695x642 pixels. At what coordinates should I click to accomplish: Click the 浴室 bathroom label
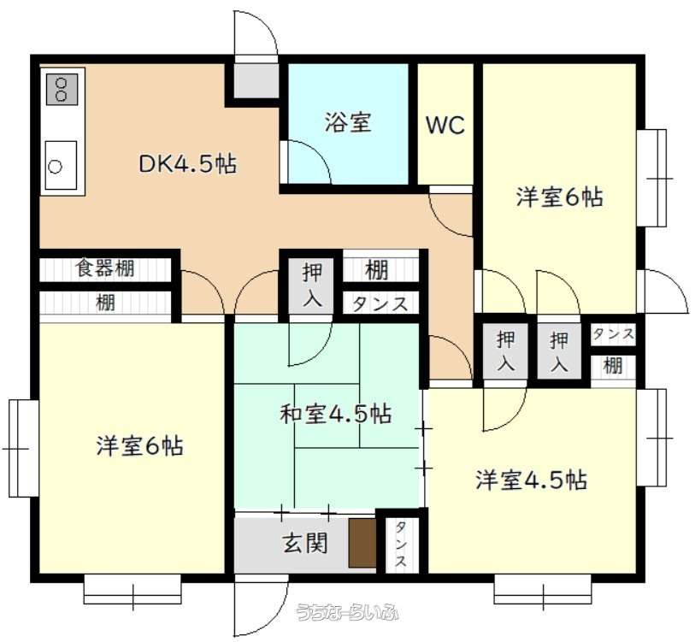(348, 122)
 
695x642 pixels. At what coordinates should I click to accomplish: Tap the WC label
(445, 125)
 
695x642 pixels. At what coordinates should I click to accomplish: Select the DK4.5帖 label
(187, 164)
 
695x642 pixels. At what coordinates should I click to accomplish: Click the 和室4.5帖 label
(336, 414)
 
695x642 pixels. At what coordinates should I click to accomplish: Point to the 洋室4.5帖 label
(532, 480)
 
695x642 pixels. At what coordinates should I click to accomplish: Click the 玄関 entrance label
(306, 543)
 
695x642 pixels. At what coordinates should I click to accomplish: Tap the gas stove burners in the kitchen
(62, 89)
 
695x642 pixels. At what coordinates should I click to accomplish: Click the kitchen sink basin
(62, 165)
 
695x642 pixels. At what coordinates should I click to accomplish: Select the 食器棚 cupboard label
(105, 268)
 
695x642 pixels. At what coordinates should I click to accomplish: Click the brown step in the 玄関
(362, 543)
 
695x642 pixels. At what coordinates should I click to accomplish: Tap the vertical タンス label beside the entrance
(400, 544)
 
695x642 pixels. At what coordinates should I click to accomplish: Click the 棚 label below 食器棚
(105, 303)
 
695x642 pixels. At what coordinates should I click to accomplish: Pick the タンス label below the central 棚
(380, 304)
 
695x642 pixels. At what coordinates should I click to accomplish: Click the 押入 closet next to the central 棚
(312, 284)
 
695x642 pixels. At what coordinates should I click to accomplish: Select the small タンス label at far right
(614, 334)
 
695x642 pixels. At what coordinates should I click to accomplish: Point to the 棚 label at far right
(614, 366)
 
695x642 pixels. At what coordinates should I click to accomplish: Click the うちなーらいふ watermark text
(347, 612)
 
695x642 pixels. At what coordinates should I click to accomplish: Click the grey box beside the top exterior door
(256, 81)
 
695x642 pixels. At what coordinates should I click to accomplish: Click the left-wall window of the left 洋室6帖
(23, 449)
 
